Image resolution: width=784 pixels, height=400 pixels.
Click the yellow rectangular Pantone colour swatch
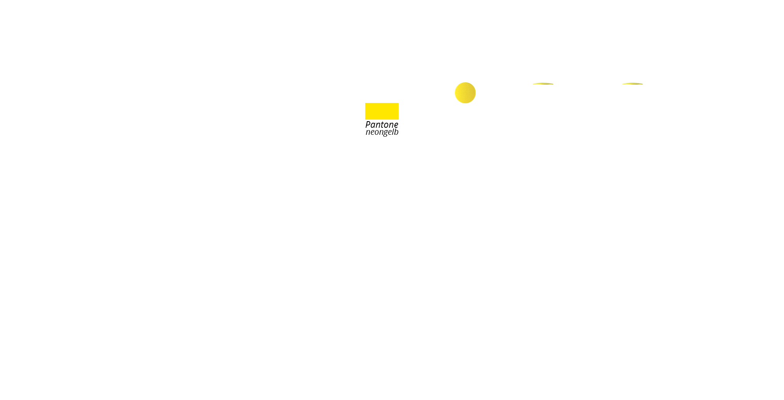click(x=382, y=111)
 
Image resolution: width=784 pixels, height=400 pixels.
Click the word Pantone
click(x=382, y=125)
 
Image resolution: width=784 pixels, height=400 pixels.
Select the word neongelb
click(x=382, y=132)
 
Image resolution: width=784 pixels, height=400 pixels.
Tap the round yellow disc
click(x=465, y=93)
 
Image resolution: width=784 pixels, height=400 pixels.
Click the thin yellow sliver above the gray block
click(x=543, y=83)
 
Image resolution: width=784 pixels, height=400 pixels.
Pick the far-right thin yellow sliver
click(x=632, y=83)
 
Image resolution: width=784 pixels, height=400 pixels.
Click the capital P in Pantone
click(x=368, y=125)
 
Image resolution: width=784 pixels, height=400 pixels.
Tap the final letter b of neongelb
click(x=396, y=132)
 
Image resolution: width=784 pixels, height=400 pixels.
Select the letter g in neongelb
click(x=385, y=133)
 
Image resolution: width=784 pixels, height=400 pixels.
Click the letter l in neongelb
click(x=393, y=132)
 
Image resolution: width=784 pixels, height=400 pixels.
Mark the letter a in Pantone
click(x=373, y=125)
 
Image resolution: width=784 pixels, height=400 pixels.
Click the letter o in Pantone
click(x=386, y=125)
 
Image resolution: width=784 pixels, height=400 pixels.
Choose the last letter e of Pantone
click(x=396, y=125)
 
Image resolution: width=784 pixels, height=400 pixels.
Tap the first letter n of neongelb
click(x=368, y=132)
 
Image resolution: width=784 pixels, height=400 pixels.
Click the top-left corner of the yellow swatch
click(x=366, y=103)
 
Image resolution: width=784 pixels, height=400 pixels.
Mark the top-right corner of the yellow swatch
click(x=398, y=103)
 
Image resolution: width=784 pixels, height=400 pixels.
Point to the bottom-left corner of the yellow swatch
click(x=366, y=119)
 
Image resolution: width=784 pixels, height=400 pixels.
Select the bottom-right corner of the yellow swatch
click(x=398, y=119)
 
